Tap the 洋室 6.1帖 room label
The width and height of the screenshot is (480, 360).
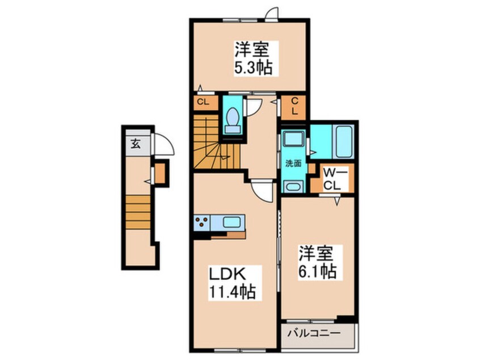tap(318, 262)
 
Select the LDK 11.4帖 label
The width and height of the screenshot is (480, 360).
tap(232, 284)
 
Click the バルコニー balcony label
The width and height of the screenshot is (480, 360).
tap(318, 334)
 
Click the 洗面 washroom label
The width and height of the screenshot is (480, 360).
tap(293, 163)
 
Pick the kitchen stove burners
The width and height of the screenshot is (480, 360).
tap(202, 222)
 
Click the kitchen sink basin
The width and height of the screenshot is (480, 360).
tap(233, 221)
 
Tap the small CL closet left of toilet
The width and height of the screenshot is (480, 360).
tap(201, 103)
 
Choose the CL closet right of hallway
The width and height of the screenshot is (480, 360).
tap(295, 106)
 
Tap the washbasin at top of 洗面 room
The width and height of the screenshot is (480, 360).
tap(293, 140)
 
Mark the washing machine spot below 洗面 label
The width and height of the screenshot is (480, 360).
tap(293, 186)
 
